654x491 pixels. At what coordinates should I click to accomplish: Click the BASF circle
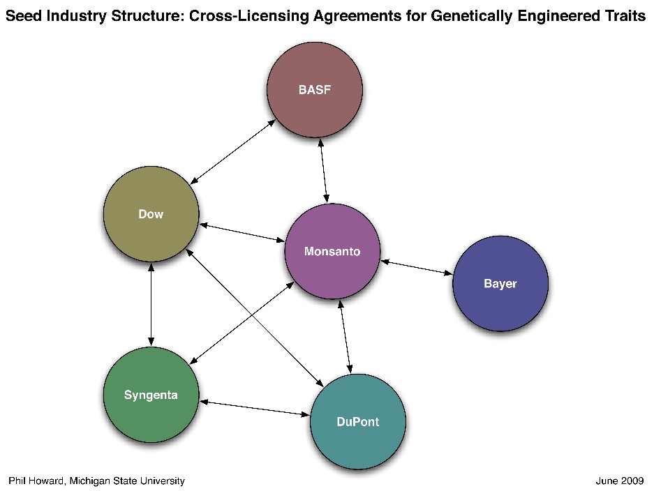(x=315, y=90)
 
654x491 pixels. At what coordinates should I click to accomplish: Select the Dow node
(x=151, y=214)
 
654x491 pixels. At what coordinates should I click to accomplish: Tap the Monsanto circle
(x=332, y=252)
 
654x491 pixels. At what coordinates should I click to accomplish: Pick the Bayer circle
(x=500, y=284)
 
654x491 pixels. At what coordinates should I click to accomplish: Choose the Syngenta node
(x=151, y=395)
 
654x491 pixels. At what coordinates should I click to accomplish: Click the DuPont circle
(x=357, y=422)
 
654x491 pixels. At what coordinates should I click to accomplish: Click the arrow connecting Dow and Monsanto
(x=242, y=232)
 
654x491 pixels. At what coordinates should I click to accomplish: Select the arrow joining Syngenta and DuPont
(x=254, y=408)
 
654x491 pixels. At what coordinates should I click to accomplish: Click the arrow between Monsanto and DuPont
(x=345, y=337)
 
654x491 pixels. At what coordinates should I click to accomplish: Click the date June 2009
(x=620, y=481)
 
